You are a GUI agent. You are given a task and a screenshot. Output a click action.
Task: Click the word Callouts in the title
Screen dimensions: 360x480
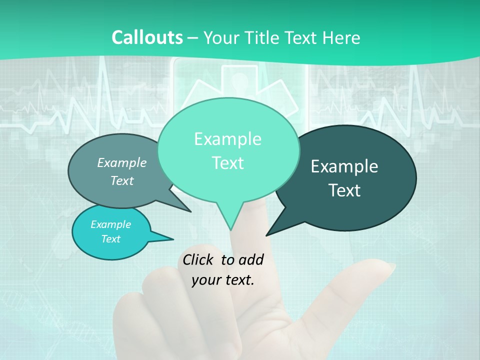click(x=147, y=37)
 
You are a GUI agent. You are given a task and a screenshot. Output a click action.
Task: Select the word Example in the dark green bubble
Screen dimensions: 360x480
click(x=344, y=166)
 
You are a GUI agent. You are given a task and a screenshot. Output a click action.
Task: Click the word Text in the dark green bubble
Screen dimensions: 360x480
click(x=344, y=190)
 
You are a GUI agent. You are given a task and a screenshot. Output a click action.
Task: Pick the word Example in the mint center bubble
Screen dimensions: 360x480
click(x=227, y=139)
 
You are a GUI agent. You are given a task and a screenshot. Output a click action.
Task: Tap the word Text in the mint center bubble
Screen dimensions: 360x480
click(x=227, y=163)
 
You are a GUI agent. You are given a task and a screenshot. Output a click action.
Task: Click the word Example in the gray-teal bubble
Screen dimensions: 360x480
click(x=122, y=162)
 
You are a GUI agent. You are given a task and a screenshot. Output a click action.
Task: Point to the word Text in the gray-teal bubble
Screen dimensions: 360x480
click(x=122, y=180)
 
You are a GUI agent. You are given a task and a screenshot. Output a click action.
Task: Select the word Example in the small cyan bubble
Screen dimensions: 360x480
click(x=110, y=224)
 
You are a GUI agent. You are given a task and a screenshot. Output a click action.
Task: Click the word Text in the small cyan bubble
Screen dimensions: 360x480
click(x=110, y=239)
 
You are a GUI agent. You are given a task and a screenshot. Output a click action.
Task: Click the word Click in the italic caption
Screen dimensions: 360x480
click(x=199, y=259)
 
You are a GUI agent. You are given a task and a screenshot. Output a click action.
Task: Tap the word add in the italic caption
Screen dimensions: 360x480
click(x=251, y=259)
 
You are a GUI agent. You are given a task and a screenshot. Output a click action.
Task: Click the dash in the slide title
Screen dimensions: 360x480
click(x=193, y=38)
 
